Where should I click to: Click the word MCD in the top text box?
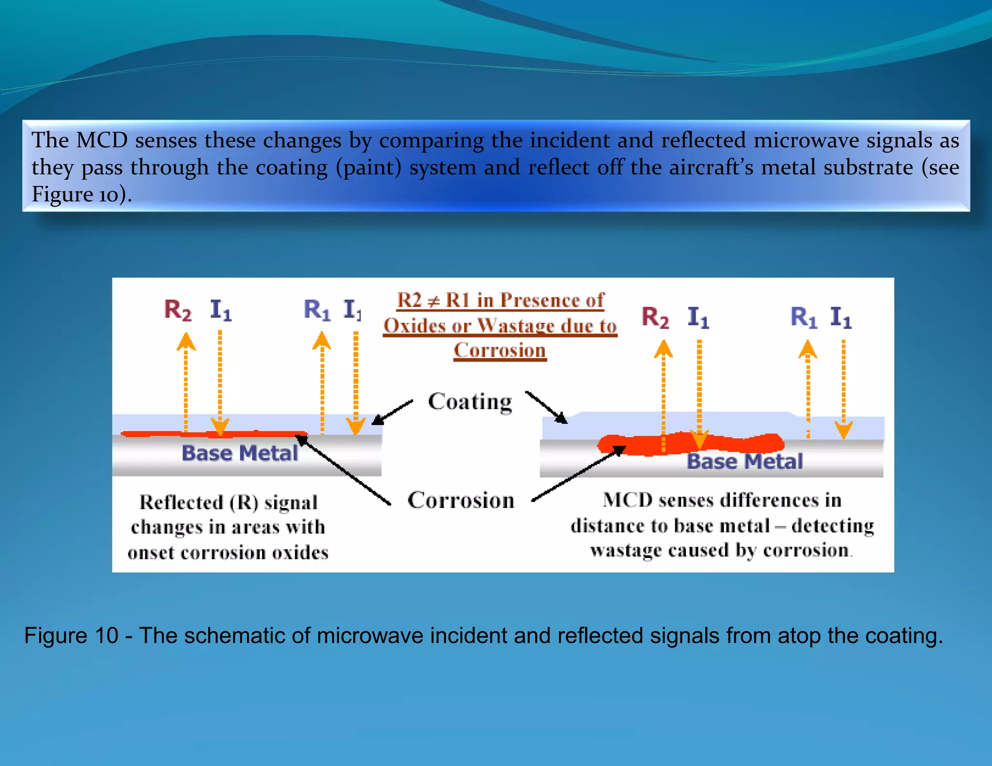click(x=102, y=140)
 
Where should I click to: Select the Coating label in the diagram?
click(x=470, y=402)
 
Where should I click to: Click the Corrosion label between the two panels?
click(x=461, y=500)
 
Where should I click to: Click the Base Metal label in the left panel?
click(x=239, y=454)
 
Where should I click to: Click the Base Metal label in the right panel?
click(x=744, y=461)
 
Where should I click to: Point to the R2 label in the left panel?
click(x=178, y=310)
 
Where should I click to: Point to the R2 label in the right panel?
click(x=655, y=318)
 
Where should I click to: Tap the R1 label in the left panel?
click(x=317, y=310)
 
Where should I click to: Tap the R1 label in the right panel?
click(x=804, y=318)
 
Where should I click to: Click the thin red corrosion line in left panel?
click(x=213, y=434)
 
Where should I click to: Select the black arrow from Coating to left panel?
click(x=392, y=413)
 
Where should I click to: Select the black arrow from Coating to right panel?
click(x=546, y=407)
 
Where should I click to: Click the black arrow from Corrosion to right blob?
click(x=579, y=475)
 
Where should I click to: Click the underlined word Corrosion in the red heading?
click(x=499, y=350)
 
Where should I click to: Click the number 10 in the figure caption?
click(x=106, y=636)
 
